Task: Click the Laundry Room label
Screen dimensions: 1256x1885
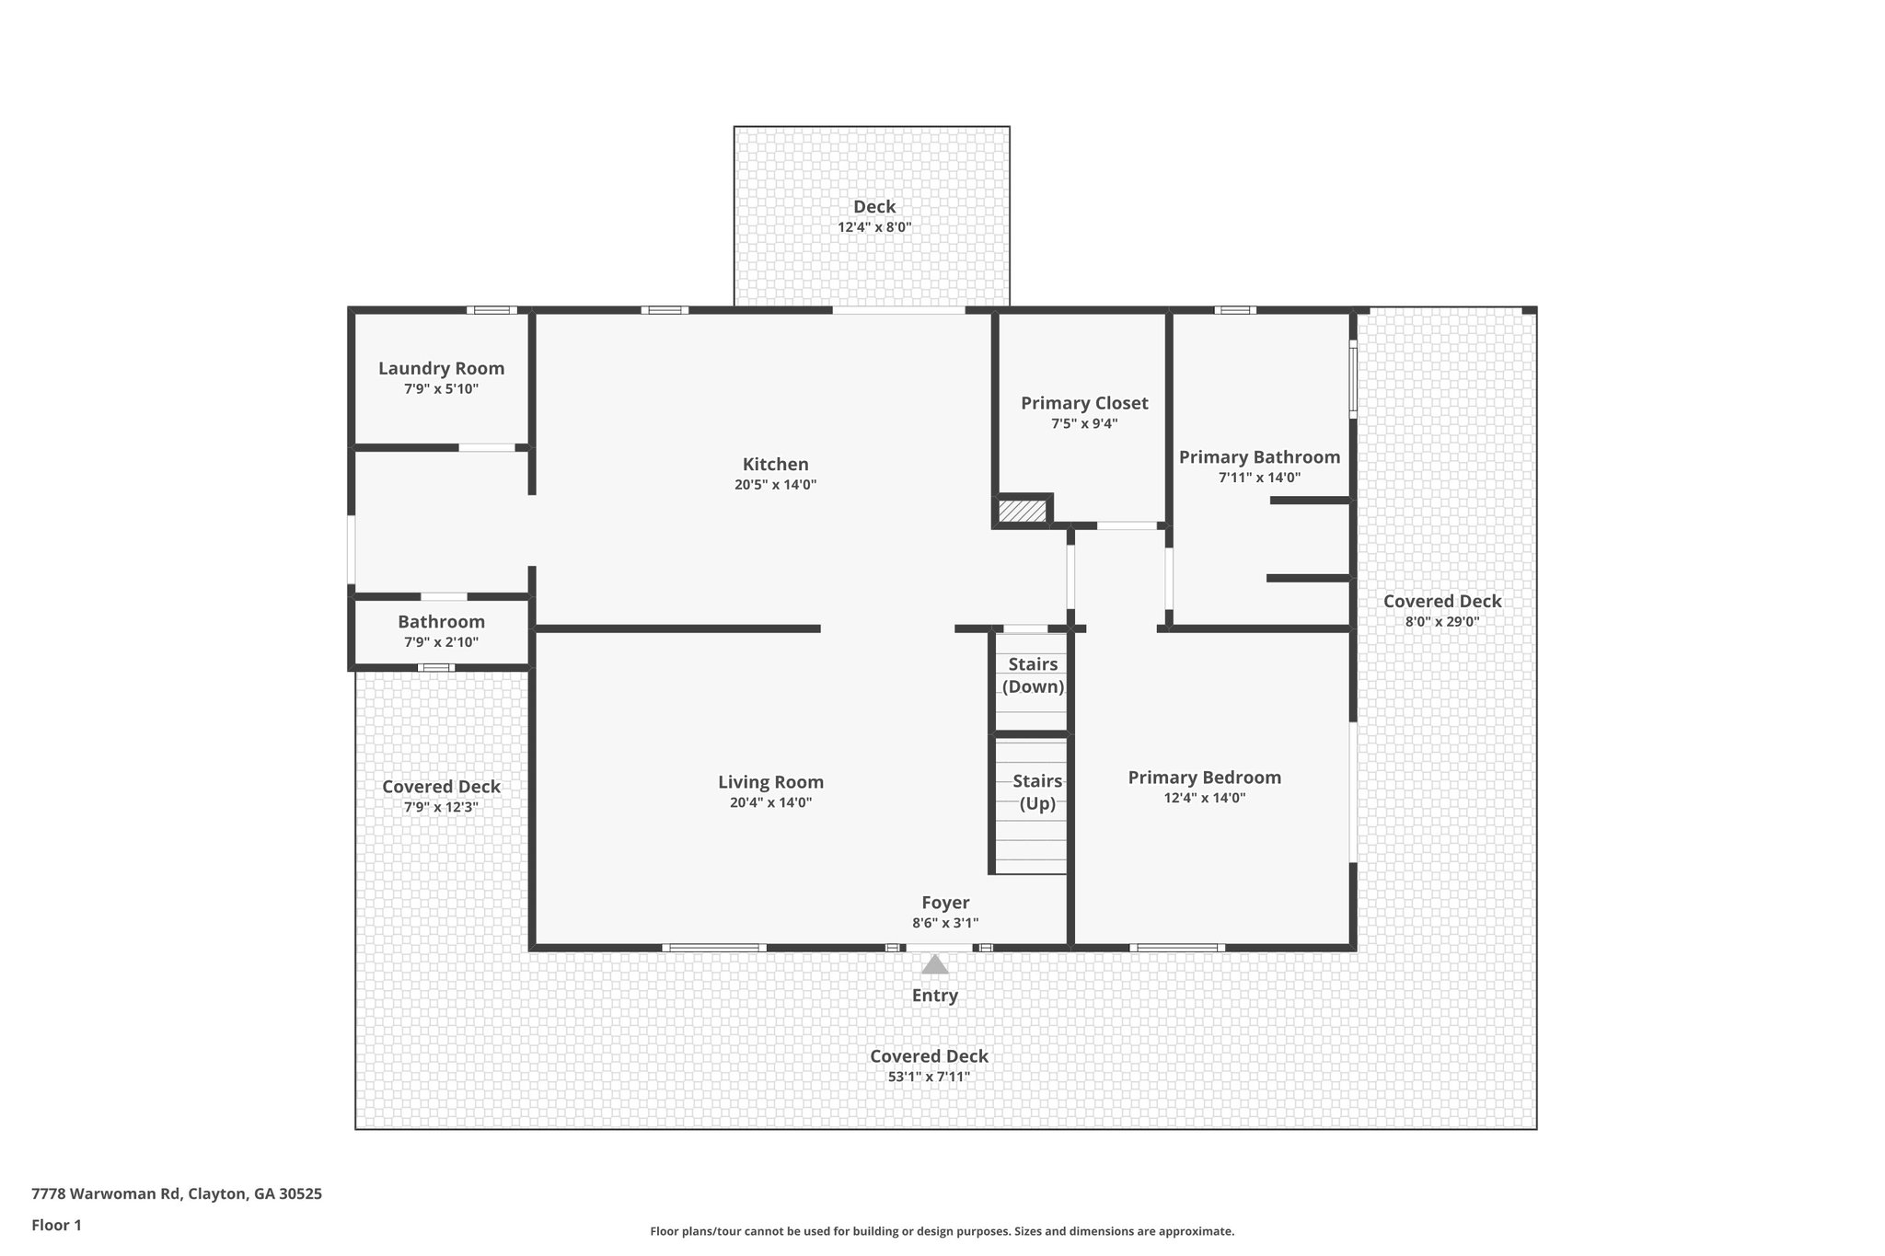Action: pos(441,368)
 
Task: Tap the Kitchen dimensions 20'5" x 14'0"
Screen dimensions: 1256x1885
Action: pos(775,485)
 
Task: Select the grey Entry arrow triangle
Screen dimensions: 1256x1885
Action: pos(935,965)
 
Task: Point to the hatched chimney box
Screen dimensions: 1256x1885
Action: pos(1023,511)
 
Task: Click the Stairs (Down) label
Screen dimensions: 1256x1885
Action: pos(1033,675)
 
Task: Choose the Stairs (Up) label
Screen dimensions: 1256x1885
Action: pos(1037,791)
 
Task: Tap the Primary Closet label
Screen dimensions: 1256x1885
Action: pos(1084,403)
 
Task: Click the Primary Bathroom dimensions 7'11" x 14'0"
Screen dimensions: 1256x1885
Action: pos(1259,478)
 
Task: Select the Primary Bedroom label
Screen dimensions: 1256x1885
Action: pos(1204,778)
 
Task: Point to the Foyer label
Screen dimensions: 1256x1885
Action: pos(945,903)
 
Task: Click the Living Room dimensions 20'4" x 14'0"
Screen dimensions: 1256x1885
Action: pos(770,802)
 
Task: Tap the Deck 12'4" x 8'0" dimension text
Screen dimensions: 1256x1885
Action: pos(873,227)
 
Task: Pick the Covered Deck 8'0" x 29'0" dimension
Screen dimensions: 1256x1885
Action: pos(1441,622)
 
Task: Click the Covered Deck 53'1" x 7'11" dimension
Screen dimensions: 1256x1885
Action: pos(929,1077)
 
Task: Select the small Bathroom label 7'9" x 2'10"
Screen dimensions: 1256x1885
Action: pos(441,622)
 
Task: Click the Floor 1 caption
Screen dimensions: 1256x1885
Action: pos(56,1225)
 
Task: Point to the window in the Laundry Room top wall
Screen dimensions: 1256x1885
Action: pos(491,310)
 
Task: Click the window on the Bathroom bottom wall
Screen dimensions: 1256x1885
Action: pos(435,667)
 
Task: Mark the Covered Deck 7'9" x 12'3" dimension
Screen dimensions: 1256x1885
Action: pos(441,808)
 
